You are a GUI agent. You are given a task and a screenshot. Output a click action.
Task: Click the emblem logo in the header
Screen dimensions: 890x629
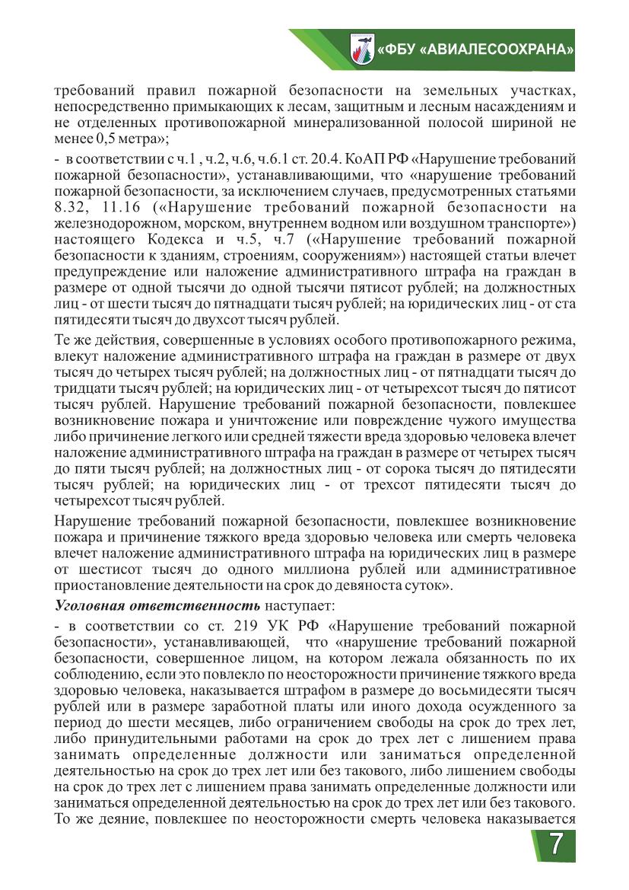pos(361,49)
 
